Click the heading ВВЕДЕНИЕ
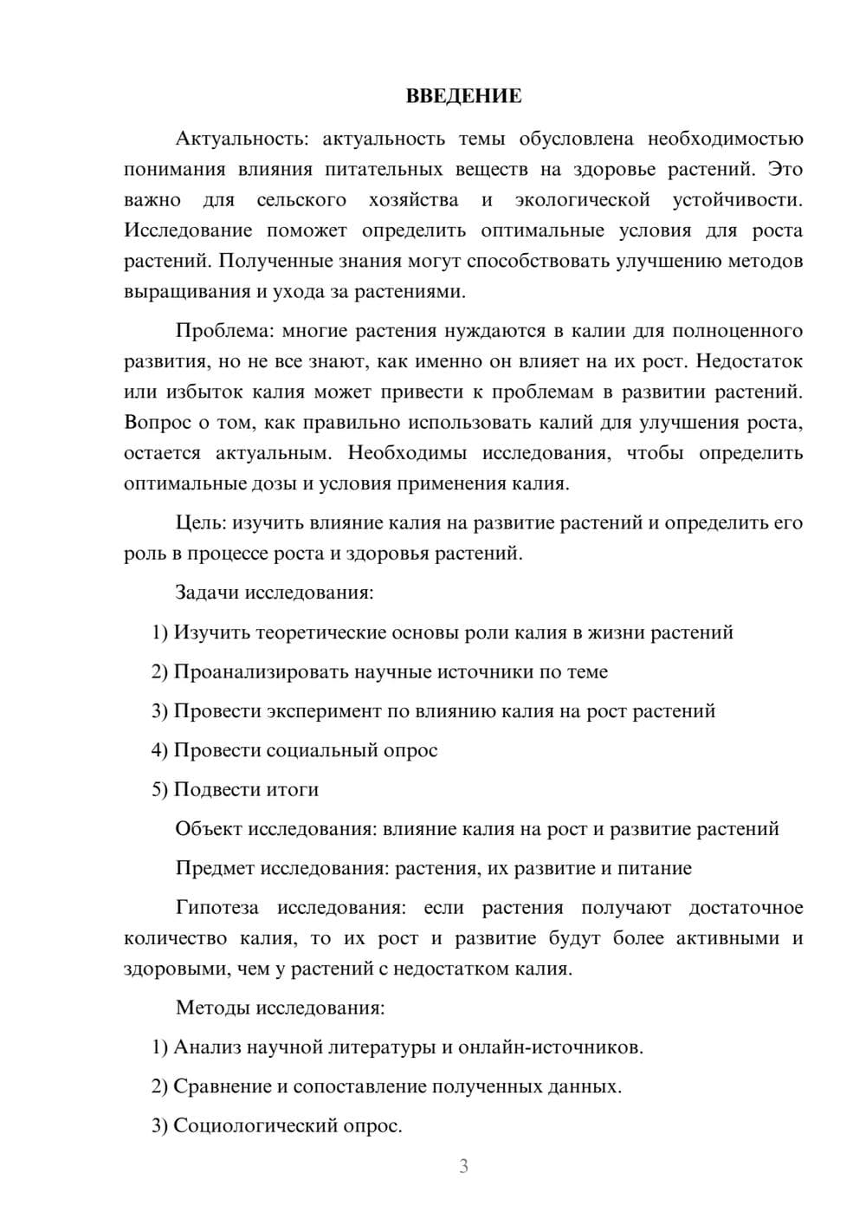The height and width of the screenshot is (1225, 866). tap(463, 96)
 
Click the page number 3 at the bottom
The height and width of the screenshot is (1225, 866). tap(463, 1166)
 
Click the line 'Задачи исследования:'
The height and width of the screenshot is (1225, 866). tap(275, 593)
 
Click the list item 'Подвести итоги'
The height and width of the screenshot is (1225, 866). tap(246, 789)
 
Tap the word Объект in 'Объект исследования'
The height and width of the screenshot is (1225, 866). tap(208, 829)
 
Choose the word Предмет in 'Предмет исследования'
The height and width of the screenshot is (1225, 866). tap(214, 868)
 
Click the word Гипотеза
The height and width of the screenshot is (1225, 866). tap(216, 908)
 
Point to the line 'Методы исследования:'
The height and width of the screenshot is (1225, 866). tap(280, 1008)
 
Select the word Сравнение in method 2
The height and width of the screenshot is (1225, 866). tap(222, 1086)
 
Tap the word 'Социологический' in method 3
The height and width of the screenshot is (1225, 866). tap(252, 1126)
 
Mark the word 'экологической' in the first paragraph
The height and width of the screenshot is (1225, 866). tap(582, 200)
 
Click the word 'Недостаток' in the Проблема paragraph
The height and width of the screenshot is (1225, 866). tap(749, 361)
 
